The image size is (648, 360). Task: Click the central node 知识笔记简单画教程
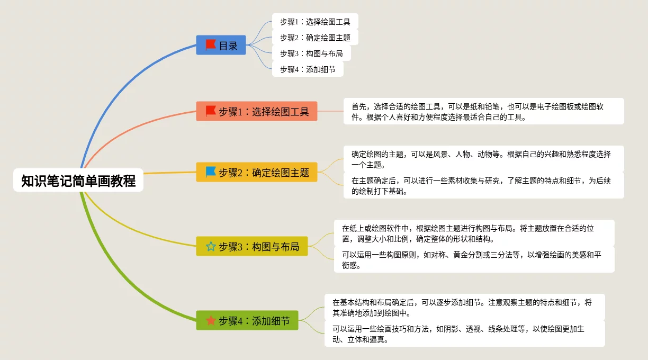78,180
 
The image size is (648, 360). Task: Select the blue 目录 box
221,45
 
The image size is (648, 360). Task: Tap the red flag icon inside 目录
211,45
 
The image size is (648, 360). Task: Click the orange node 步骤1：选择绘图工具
257,111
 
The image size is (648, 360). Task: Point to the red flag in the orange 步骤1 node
211,111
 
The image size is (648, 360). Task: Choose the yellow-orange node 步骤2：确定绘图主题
257,172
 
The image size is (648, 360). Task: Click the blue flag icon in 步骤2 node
211,172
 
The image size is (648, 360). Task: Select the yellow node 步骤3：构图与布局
252,246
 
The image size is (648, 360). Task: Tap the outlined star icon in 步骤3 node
211,246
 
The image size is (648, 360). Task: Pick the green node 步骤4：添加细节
247,320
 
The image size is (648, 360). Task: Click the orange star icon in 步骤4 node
211,320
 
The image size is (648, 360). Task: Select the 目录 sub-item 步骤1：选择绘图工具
315,21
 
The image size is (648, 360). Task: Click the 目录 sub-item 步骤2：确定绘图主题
315,38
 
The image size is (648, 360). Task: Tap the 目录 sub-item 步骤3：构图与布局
311,53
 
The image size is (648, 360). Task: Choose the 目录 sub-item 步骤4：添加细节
308,69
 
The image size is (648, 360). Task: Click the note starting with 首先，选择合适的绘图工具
484,111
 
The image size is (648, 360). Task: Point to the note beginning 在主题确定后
484,185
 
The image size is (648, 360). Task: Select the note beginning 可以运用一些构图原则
474,259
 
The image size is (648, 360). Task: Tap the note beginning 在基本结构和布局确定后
465,308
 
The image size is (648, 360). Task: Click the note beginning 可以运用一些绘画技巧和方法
465,334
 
